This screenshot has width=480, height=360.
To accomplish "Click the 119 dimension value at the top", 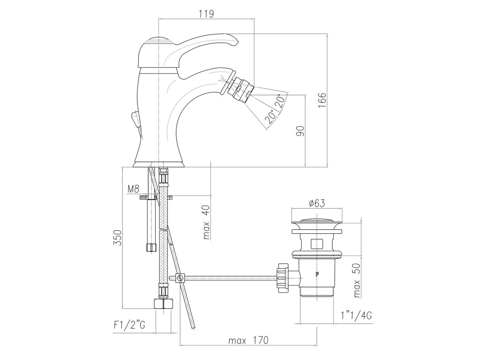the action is pyautogui.click(x=206, y=14).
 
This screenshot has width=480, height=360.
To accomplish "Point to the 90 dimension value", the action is pyautogui.click(x=301, y=131).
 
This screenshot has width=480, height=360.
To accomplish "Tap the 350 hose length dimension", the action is pyautogui.click(x=117, y=237).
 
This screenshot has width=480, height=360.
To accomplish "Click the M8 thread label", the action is pyautogui.click(x=134, y=189).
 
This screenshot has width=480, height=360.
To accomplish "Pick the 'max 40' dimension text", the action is pyautogui.click(x=207, y=222).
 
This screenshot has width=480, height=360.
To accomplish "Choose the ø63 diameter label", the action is pyautogui.click(x=317, y=203).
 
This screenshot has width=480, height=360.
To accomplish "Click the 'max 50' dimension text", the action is pyautogui.click(x=357, y=280).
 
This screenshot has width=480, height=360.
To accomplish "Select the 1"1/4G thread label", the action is pyautogui.click(x=356, y=315).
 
